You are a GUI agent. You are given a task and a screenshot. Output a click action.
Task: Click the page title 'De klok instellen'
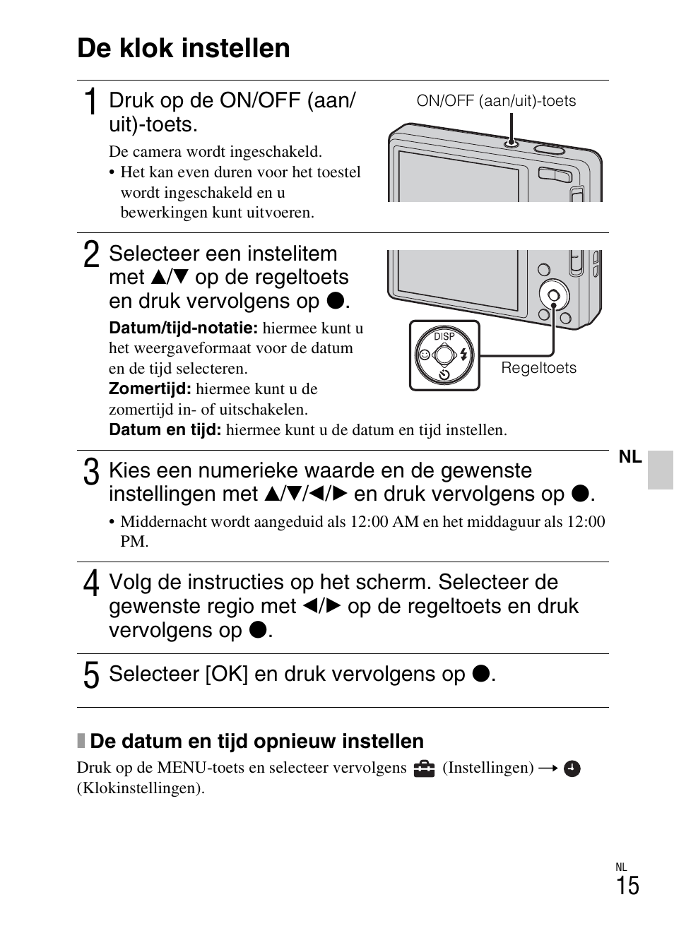(184, 48)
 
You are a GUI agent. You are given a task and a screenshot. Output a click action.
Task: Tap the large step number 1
(90, 103)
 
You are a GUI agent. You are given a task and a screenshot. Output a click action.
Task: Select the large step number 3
(90, 473)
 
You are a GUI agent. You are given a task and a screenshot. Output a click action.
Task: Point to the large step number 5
(91, 675)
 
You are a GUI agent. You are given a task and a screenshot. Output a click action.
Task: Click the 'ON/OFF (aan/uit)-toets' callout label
(496, 101)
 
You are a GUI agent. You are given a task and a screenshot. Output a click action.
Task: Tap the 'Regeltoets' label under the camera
(538, 368)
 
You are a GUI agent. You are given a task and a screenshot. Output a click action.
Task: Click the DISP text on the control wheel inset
(444, 336)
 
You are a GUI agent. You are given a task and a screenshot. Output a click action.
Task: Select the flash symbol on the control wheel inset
(464, 355)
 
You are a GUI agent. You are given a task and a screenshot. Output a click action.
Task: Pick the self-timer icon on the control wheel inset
(444, 374)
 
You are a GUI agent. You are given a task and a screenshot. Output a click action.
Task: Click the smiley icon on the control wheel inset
(424, 355)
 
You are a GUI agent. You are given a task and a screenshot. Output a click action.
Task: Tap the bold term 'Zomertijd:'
(150, 388)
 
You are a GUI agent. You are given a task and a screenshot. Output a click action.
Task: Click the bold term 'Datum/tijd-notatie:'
(183, 328)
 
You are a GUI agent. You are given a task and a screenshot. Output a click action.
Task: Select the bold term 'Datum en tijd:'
(165, 429)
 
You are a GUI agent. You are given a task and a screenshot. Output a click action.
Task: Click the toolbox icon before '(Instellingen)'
(424, 768)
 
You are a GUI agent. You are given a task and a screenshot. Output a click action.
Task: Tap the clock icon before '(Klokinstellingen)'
(572, 768)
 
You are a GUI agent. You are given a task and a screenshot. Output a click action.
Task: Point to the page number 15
(627, 886)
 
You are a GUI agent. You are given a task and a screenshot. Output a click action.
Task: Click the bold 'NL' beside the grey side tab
(630, 457)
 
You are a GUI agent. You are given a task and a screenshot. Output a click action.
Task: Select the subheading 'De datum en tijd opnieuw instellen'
(256, 741)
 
